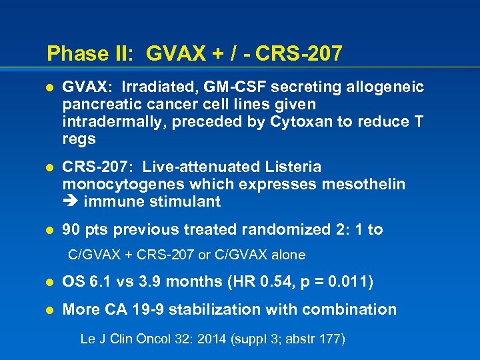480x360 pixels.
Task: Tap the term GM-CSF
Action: pyautogui.click(x=226, y=87)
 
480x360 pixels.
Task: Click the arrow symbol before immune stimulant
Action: pyautogui.click(x=69, y=201)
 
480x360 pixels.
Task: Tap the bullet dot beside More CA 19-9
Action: pyautogui.click(x=48, y=309)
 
